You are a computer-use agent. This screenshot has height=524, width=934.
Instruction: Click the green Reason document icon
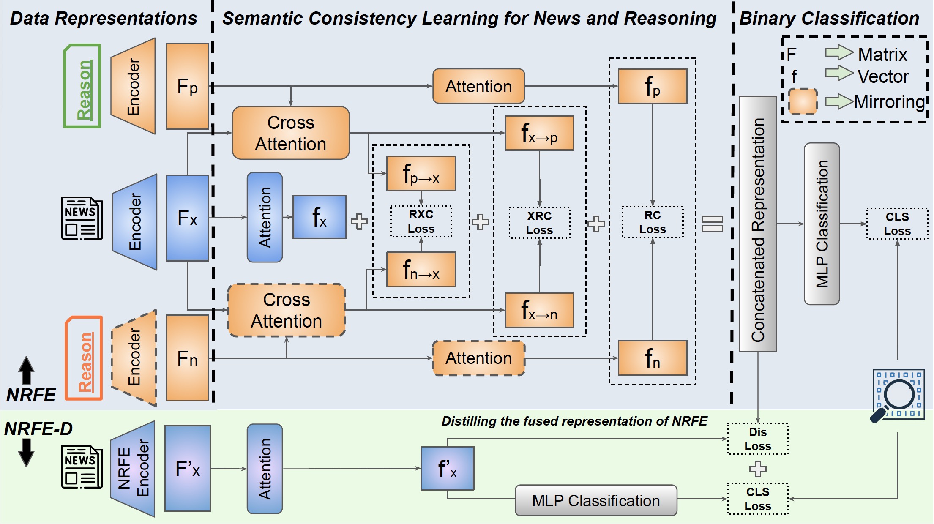82,86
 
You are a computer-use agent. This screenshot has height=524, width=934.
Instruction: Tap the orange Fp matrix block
187,86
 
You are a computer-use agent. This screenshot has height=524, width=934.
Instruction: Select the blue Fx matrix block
187,218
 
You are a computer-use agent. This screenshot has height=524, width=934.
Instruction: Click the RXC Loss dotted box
421,221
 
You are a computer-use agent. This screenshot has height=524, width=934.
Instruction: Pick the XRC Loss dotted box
539,223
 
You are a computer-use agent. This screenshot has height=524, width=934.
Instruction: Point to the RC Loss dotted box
652,222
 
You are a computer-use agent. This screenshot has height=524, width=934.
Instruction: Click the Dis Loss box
757,439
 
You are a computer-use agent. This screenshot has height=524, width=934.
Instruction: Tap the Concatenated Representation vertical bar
757,224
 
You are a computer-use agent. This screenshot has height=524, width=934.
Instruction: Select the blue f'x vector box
447,468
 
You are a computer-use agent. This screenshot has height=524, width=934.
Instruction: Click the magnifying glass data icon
898,395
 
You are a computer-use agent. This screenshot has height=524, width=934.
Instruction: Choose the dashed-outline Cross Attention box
287,310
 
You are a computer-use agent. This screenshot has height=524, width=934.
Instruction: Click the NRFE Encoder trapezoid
133,469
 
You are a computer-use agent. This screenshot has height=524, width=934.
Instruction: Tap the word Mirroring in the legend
889,102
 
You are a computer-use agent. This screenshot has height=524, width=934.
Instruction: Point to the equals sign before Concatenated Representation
712,224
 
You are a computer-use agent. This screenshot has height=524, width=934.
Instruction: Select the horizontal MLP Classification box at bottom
595,500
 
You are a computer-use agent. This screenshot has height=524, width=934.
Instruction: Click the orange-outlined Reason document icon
84,358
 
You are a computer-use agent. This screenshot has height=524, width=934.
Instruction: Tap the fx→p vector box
539,133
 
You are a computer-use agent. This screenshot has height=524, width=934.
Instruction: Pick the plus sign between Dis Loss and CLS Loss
757,469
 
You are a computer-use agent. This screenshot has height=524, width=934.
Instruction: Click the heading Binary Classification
829,19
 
